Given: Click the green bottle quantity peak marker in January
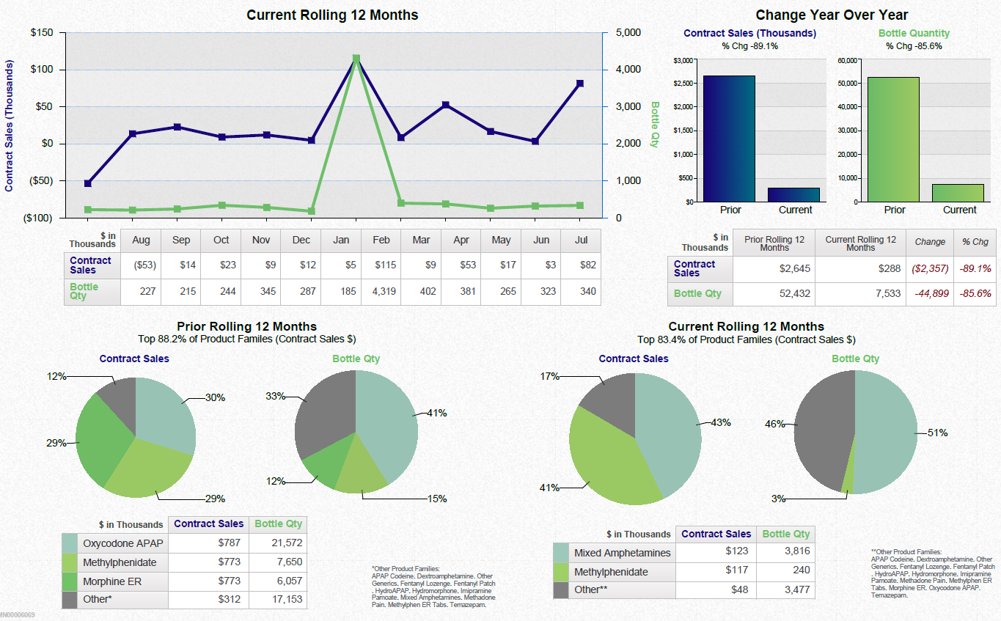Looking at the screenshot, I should (356, 59).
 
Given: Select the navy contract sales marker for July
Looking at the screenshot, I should (579, 84).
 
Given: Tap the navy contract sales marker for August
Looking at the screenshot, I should (88, 183).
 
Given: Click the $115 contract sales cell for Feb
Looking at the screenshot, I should (381, 265).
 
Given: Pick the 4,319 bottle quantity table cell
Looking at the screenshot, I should (381, 291).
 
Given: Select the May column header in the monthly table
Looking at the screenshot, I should (501, 240).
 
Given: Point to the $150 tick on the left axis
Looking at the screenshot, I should (41, 33).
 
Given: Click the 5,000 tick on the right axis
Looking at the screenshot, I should (628, 33).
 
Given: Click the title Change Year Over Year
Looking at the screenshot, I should (832, 15).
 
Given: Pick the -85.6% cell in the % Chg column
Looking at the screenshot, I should (975, 293).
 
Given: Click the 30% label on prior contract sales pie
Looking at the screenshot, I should (215, 397).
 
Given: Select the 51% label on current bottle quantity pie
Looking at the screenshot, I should (937, 433).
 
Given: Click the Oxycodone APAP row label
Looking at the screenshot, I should (122, 544).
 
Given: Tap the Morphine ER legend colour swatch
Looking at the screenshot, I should (70, 581).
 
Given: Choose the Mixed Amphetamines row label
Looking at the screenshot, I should (622, 553).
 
